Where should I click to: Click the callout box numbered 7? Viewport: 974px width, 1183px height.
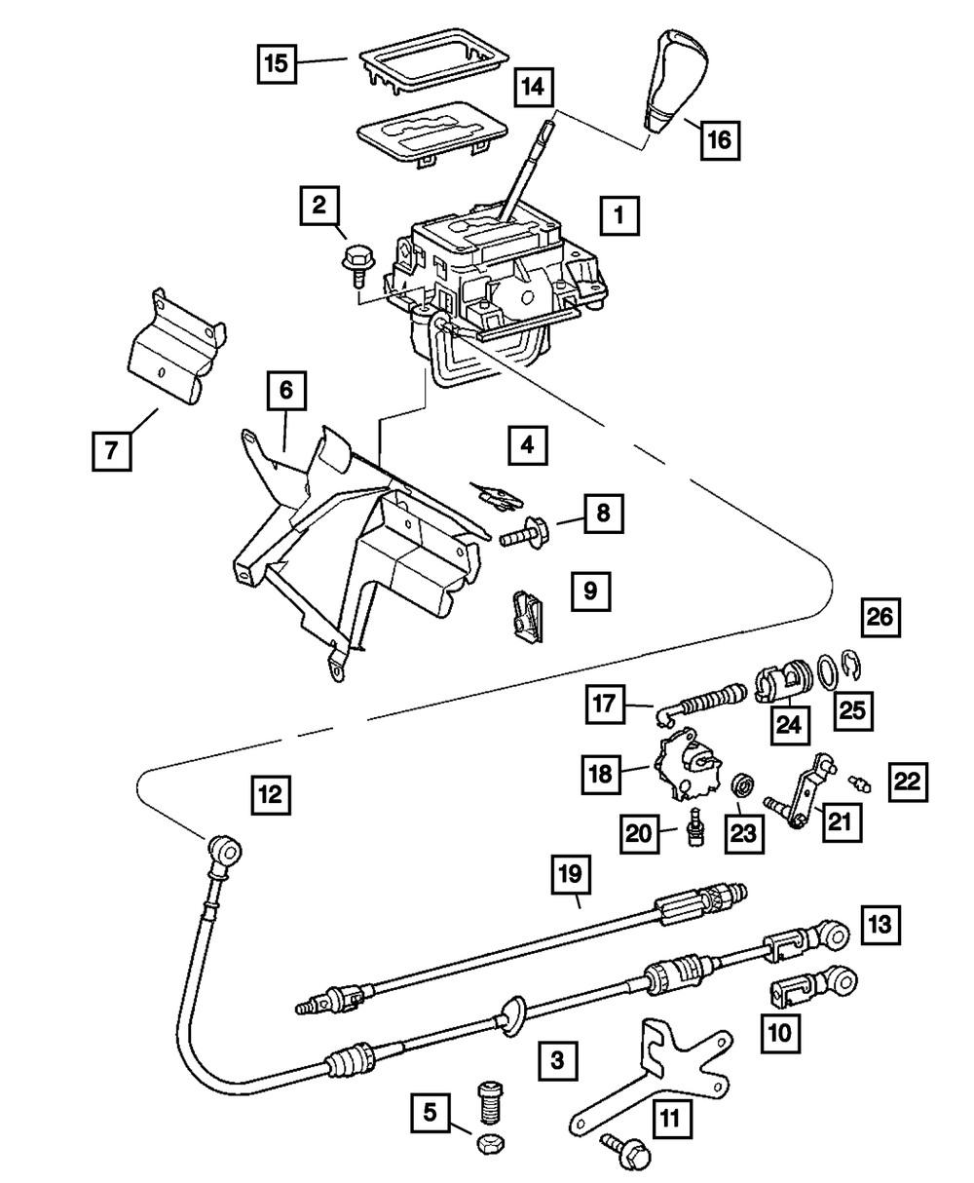[x=111, y=451]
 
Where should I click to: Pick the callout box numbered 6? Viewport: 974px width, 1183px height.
[x=285, y=393]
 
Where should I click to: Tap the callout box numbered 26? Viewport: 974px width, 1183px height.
[x=880, y=617]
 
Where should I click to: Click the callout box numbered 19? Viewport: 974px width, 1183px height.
[x=572, y=875]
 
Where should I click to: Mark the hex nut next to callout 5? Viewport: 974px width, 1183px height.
[x=488, y=1142]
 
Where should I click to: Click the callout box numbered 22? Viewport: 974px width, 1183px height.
[x=907, y=781]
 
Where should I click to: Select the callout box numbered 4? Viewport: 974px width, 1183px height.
[x=526, y=448]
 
